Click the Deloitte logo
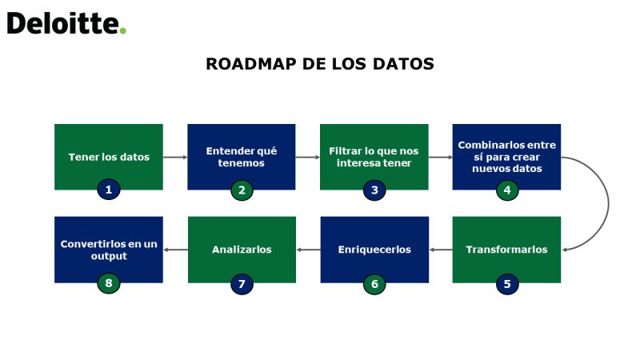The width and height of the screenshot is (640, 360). click(66, 23)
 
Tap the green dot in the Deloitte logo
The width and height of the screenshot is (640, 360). click(122, 30)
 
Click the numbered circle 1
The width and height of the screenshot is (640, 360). click(109, 190)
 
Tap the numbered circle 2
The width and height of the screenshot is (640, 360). click(242, 190)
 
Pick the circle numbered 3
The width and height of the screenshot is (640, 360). click(374, 190)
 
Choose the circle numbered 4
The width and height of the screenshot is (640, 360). click(507, 190)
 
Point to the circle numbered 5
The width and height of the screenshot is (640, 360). click(507, 284)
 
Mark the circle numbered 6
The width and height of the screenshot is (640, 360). click(374, 284)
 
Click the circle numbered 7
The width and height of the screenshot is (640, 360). click(242, 284)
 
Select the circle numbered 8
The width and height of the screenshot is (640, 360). click(109, 283)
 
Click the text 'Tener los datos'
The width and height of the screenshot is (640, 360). click(109, 157)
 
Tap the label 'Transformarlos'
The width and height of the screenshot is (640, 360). click(506, 250)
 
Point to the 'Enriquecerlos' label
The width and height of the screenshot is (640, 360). click(374, 250)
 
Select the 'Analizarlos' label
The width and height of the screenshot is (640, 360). click(242, 250)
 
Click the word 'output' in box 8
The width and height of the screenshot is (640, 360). click(109, 256)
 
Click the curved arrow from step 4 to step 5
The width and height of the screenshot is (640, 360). click(609, 203)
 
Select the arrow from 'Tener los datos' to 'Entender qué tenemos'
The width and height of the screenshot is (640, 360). click(175, 157)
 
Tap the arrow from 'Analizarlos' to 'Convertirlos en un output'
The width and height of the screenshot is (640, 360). click(176, 250)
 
